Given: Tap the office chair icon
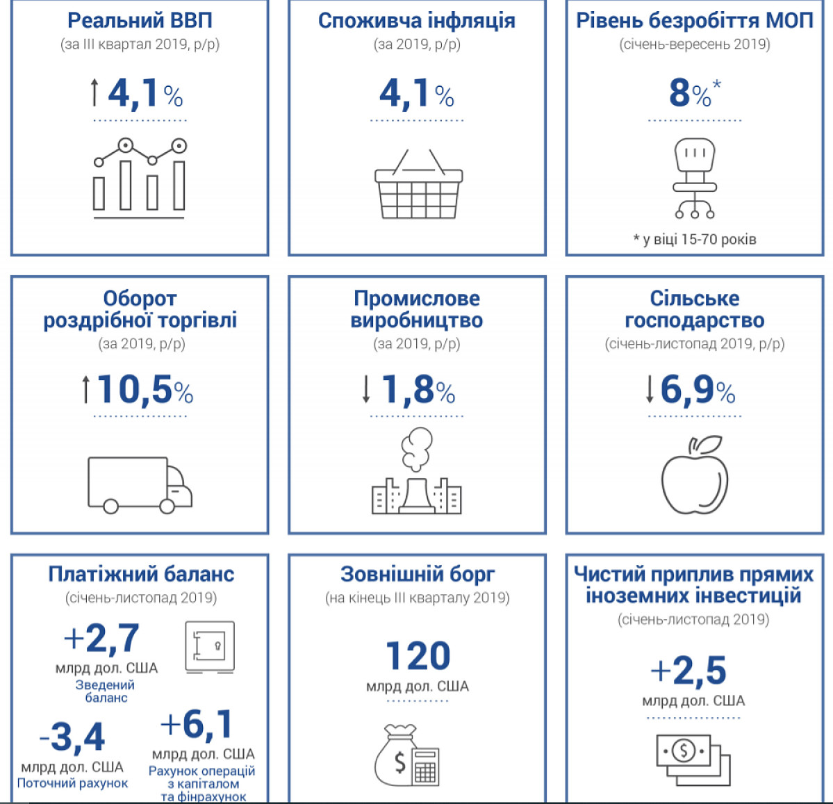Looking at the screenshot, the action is tap(694, 179).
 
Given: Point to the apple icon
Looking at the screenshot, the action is tap(695, 475).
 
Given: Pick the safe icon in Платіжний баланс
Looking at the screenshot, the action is tap(210, 647).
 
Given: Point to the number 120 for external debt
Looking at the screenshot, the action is tap(418, 656).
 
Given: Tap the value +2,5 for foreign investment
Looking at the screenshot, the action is tap(688, 670).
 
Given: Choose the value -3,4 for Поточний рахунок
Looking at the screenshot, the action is tap(72, 737).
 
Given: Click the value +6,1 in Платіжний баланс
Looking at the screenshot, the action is tap(197, 724).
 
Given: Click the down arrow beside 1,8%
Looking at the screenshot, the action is tap(366, 390).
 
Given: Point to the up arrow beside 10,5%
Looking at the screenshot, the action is tap(85, 390).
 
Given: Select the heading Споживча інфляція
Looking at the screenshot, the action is tap(417, 21).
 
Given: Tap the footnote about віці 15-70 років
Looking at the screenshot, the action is tap(695, 239).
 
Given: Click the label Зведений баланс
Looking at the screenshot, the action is tap(106, 691).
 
